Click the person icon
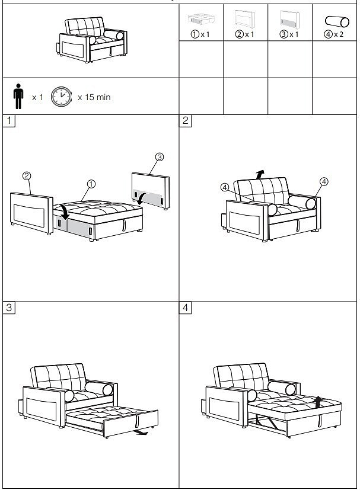pos(18,96)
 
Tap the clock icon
pos(61,97)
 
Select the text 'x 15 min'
pos(94,97)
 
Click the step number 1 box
pos(9,120)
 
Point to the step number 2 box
pos(185,120)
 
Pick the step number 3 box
pos(9,308)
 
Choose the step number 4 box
pos(185,308)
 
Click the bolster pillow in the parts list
pos(337,21)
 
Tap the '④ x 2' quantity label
pos(334,34)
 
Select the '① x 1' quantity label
pos(200,34)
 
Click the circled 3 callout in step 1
pos(159,157)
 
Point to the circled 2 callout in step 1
pos(27,176)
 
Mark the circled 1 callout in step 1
pos(91,184)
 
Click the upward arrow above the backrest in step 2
pos(260,174)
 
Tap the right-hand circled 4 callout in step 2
pos(324,181)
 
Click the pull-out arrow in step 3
pos(141,433)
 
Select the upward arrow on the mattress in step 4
pos(318,402)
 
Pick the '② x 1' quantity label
pos(244,34)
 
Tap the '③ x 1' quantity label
pos(289,34)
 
